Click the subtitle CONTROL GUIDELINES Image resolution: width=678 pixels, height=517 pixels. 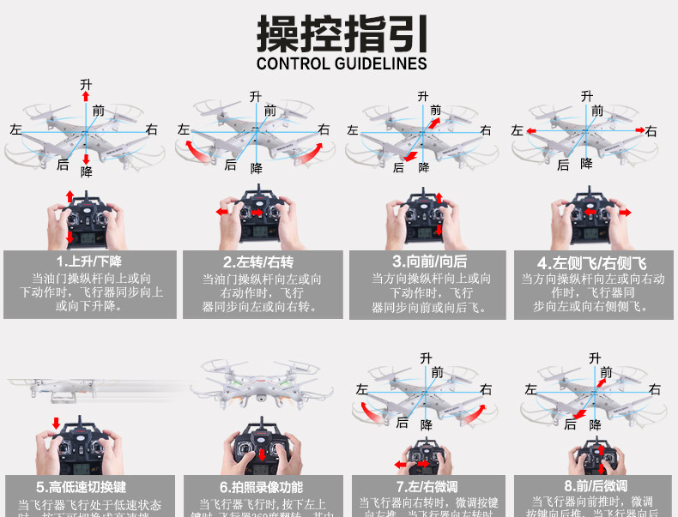tap(342, 63)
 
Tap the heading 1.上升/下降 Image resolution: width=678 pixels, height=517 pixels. tap(88, 262)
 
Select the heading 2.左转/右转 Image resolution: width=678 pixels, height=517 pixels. tap(258, 262)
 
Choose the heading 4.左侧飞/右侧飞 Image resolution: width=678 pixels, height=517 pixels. tap(592, 262)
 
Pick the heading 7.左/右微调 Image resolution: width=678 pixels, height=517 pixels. tap(426, 487)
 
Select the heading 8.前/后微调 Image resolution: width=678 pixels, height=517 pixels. tap(595, 487)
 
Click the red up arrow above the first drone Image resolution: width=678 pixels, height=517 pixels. tap(86, 96)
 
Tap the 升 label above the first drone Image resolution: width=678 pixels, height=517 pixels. tap(86, 83)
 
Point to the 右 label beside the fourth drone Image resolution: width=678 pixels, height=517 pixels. tap(651, 130)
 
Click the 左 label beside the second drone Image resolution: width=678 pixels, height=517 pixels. tap(183, 129)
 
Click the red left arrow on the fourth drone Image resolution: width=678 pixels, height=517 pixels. tap(531, 130)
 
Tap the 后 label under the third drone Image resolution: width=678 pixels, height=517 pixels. tap(397, 167)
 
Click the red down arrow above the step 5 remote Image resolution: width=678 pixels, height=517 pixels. tap(57, 423)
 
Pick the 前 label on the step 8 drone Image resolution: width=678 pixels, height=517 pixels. tap(607, 372)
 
